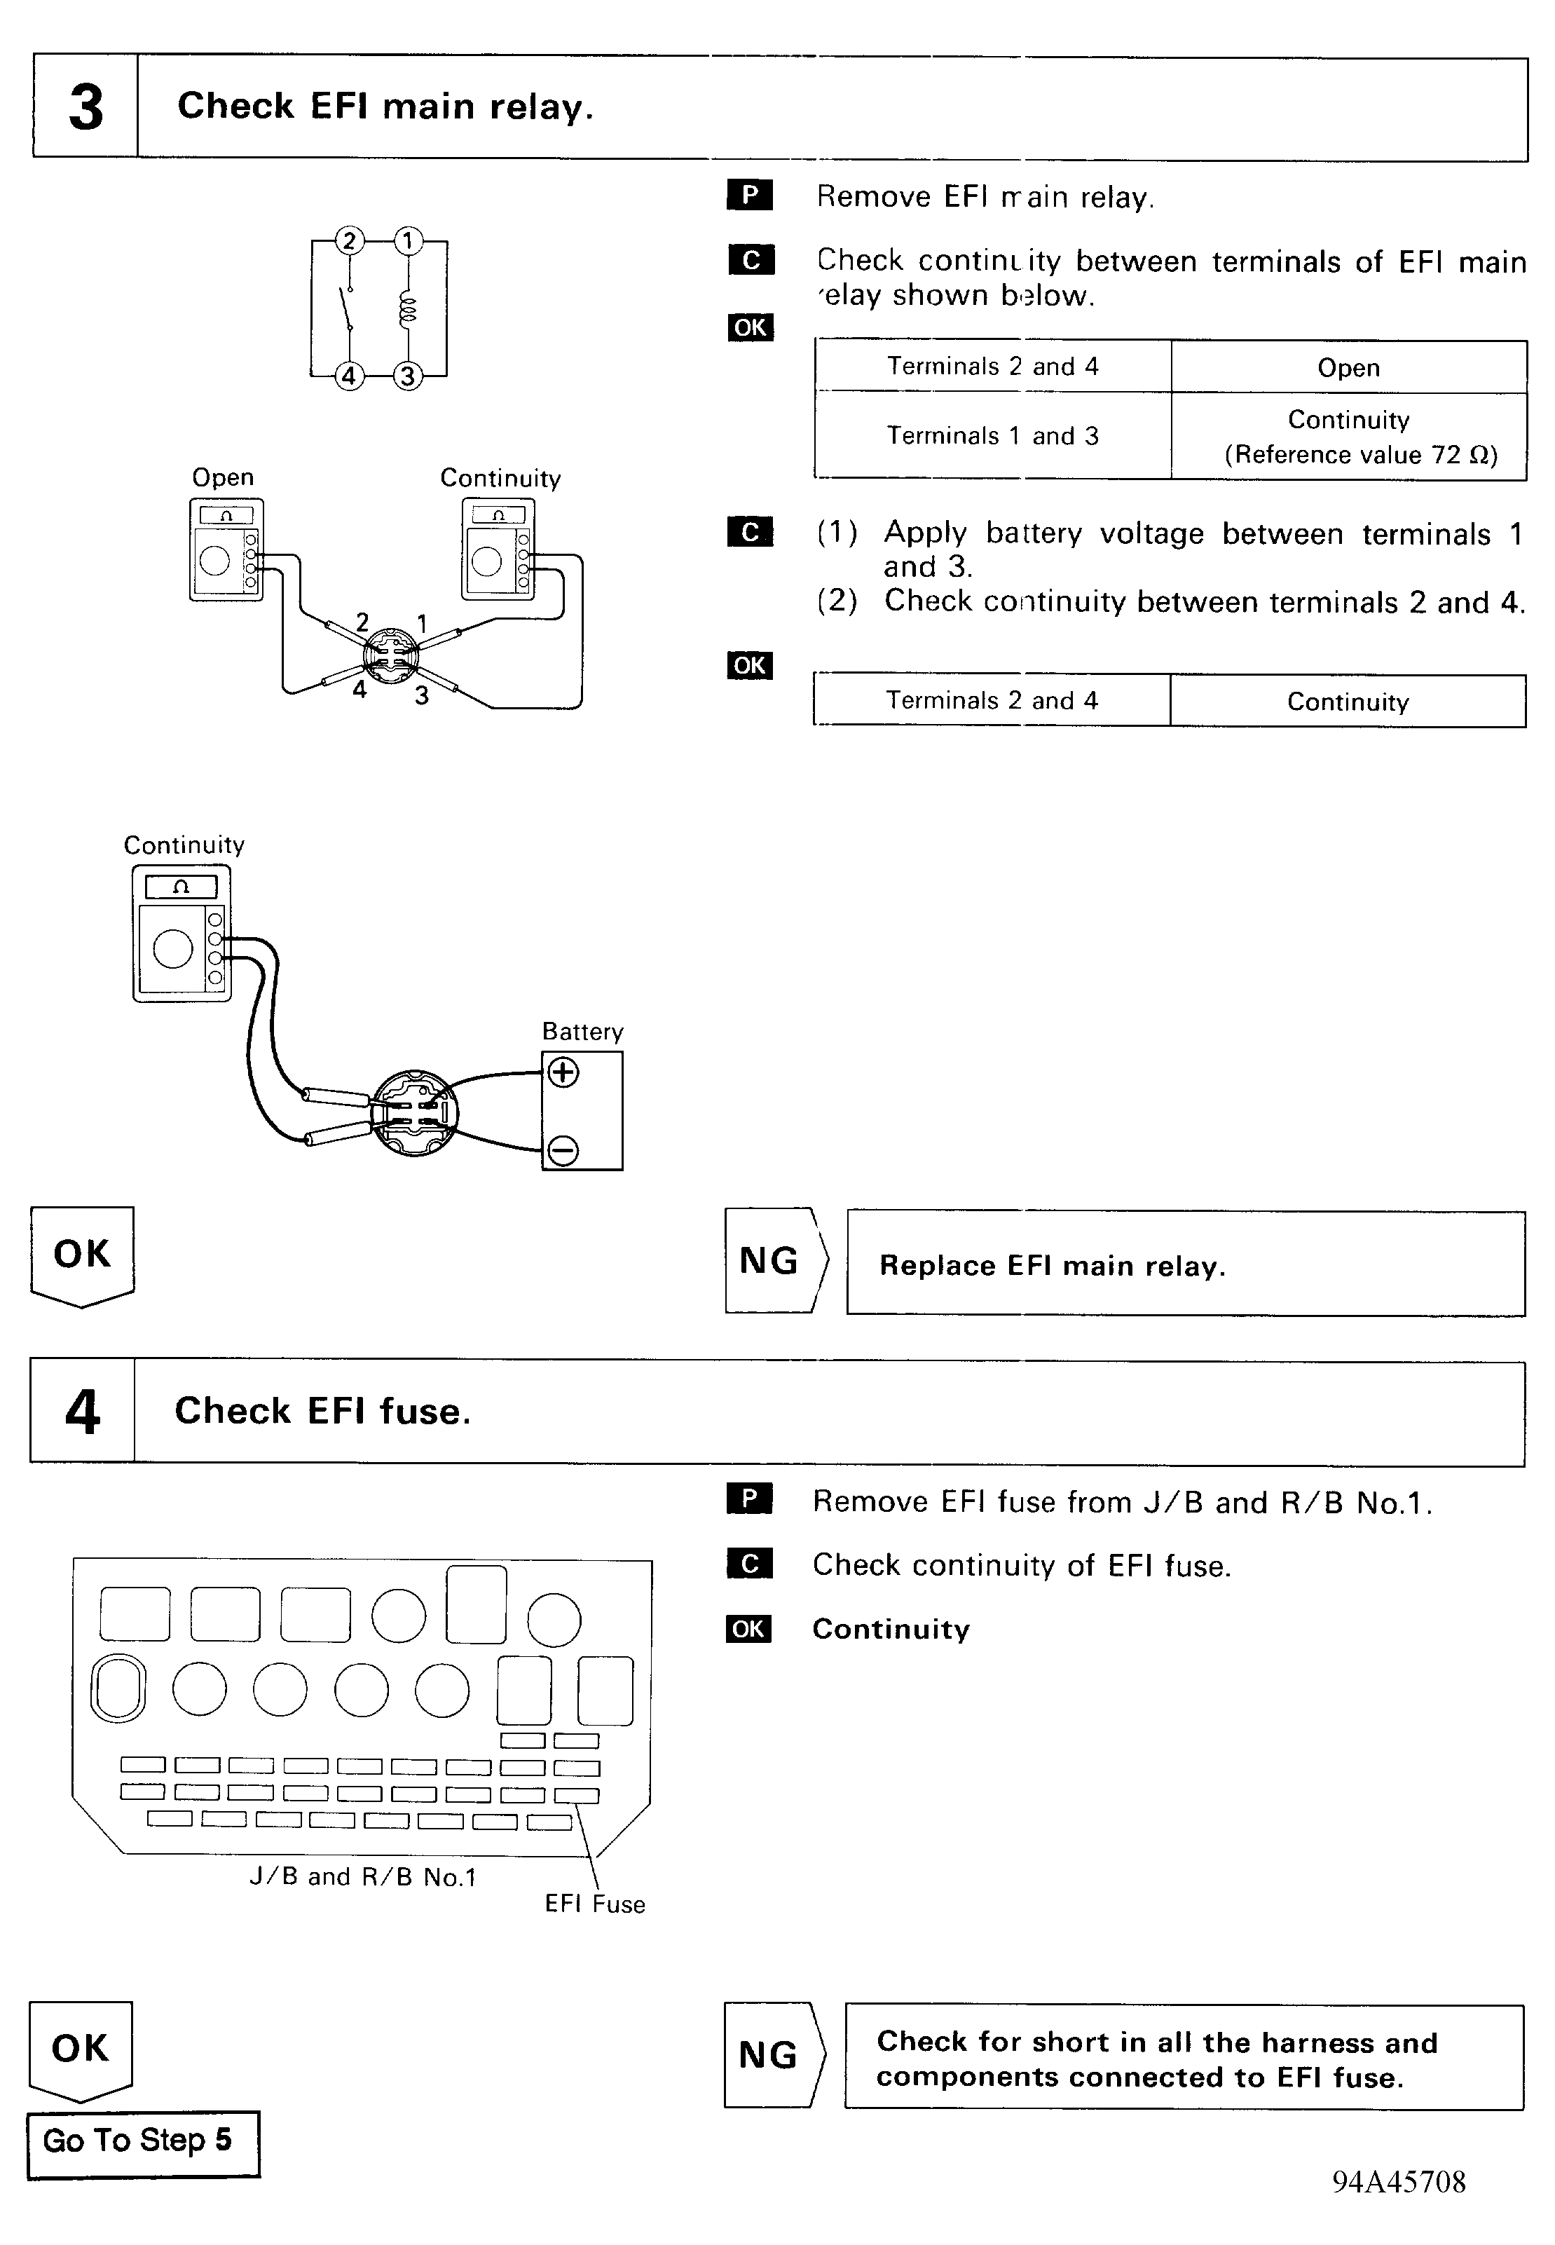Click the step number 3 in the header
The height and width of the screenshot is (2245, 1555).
pyautogui.click(x=85, y=107)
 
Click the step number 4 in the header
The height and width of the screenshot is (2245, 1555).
pyautogui.click(x=83, y=1412)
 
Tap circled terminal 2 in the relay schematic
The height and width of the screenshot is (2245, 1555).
pyautogui.click(x=349, y=240)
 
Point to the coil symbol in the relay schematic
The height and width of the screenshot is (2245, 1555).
pyautogui.click(x=409, y=309)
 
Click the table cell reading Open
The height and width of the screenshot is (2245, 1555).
pyautogui.click(x=1348, y=367)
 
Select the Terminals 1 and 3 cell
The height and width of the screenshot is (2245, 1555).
pyautogui.click(x=992, y=435)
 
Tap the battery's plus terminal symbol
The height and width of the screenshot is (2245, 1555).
pyautogui.click(x=563, y=1073)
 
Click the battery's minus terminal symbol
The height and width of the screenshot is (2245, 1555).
pyautogui.click(x=563, y=1151)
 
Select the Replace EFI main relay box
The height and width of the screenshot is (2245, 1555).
pyautogui.click(x=1185, y=1264)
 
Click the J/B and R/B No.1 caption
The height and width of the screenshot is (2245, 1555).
pyautogui.click(x=362, y=1877)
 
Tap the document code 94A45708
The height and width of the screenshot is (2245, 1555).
pyautogui.click(x=1398, y=2182)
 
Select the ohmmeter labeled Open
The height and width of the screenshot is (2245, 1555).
pyautogui.click(x=226, y=550)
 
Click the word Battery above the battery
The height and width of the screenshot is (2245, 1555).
pyautogui.click(x=582, y=1032)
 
